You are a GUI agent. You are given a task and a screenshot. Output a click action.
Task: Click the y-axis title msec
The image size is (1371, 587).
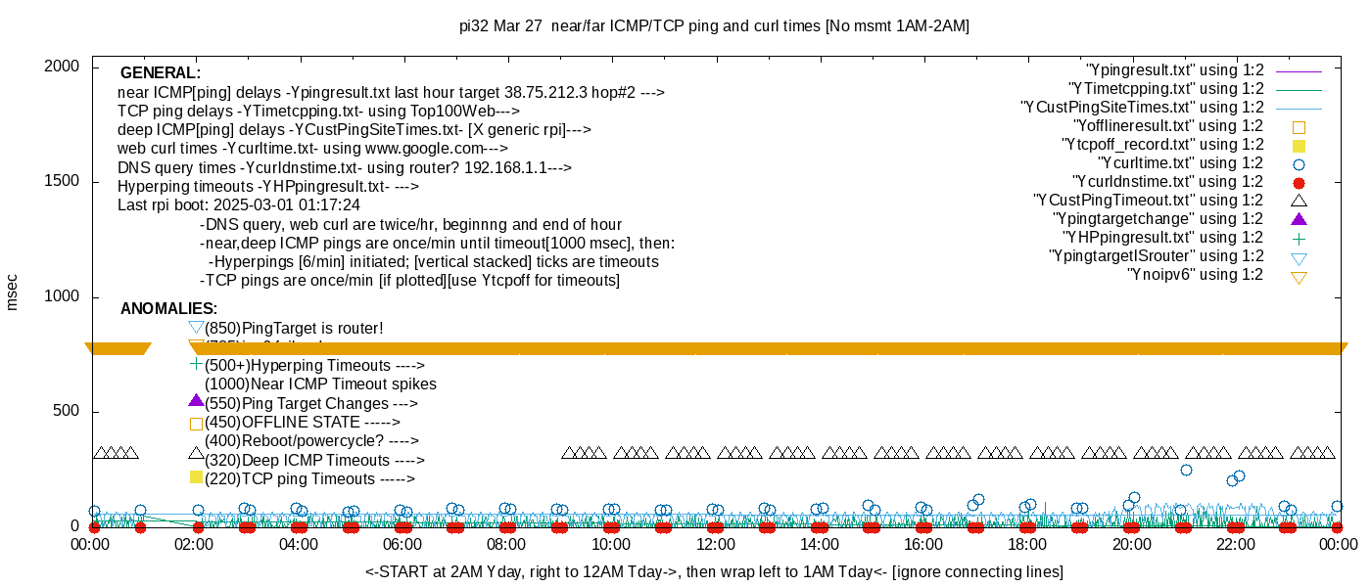(x=13, y=291)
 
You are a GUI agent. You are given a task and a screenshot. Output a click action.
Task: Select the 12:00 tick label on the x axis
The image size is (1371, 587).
(x=715, y=544)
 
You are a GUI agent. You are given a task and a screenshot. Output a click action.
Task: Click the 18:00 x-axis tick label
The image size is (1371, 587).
(x=1027, y=544)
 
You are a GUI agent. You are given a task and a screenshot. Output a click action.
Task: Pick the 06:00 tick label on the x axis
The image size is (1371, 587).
(x=402, y=544)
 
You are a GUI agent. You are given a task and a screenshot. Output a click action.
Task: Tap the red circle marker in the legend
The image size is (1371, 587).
(x=1300, y=182)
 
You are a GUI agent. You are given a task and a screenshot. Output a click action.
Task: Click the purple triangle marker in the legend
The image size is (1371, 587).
(x=1300, y=219)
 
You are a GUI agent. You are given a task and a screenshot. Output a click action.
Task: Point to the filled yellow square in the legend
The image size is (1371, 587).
(x=1300, y=145)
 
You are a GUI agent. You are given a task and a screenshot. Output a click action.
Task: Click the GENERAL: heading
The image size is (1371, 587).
(x=161, y=73)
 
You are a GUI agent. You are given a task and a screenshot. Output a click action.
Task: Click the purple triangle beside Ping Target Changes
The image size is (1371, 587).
(x=196, y=401)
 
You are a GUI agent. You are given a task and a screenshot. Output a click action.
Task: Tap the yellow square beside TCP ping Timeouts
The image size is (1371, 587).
(x=196, y=477)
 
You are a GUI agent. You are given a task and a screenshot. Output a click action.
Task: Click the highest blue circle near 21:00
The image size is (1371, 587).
(x=1186, y=471)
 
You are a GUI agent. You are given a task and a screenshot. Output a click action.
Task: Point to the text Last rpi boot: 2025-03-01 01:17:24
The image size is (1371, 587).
(x=239, y=205)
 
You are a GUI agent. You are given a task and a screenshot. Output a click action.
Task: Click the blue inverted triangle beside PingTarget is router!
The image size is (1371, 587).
(x=196, y=327)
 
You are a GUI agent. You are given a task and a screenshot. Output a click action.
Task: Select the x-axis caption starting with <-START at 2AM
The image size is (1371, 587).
(x=714, y=571)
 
